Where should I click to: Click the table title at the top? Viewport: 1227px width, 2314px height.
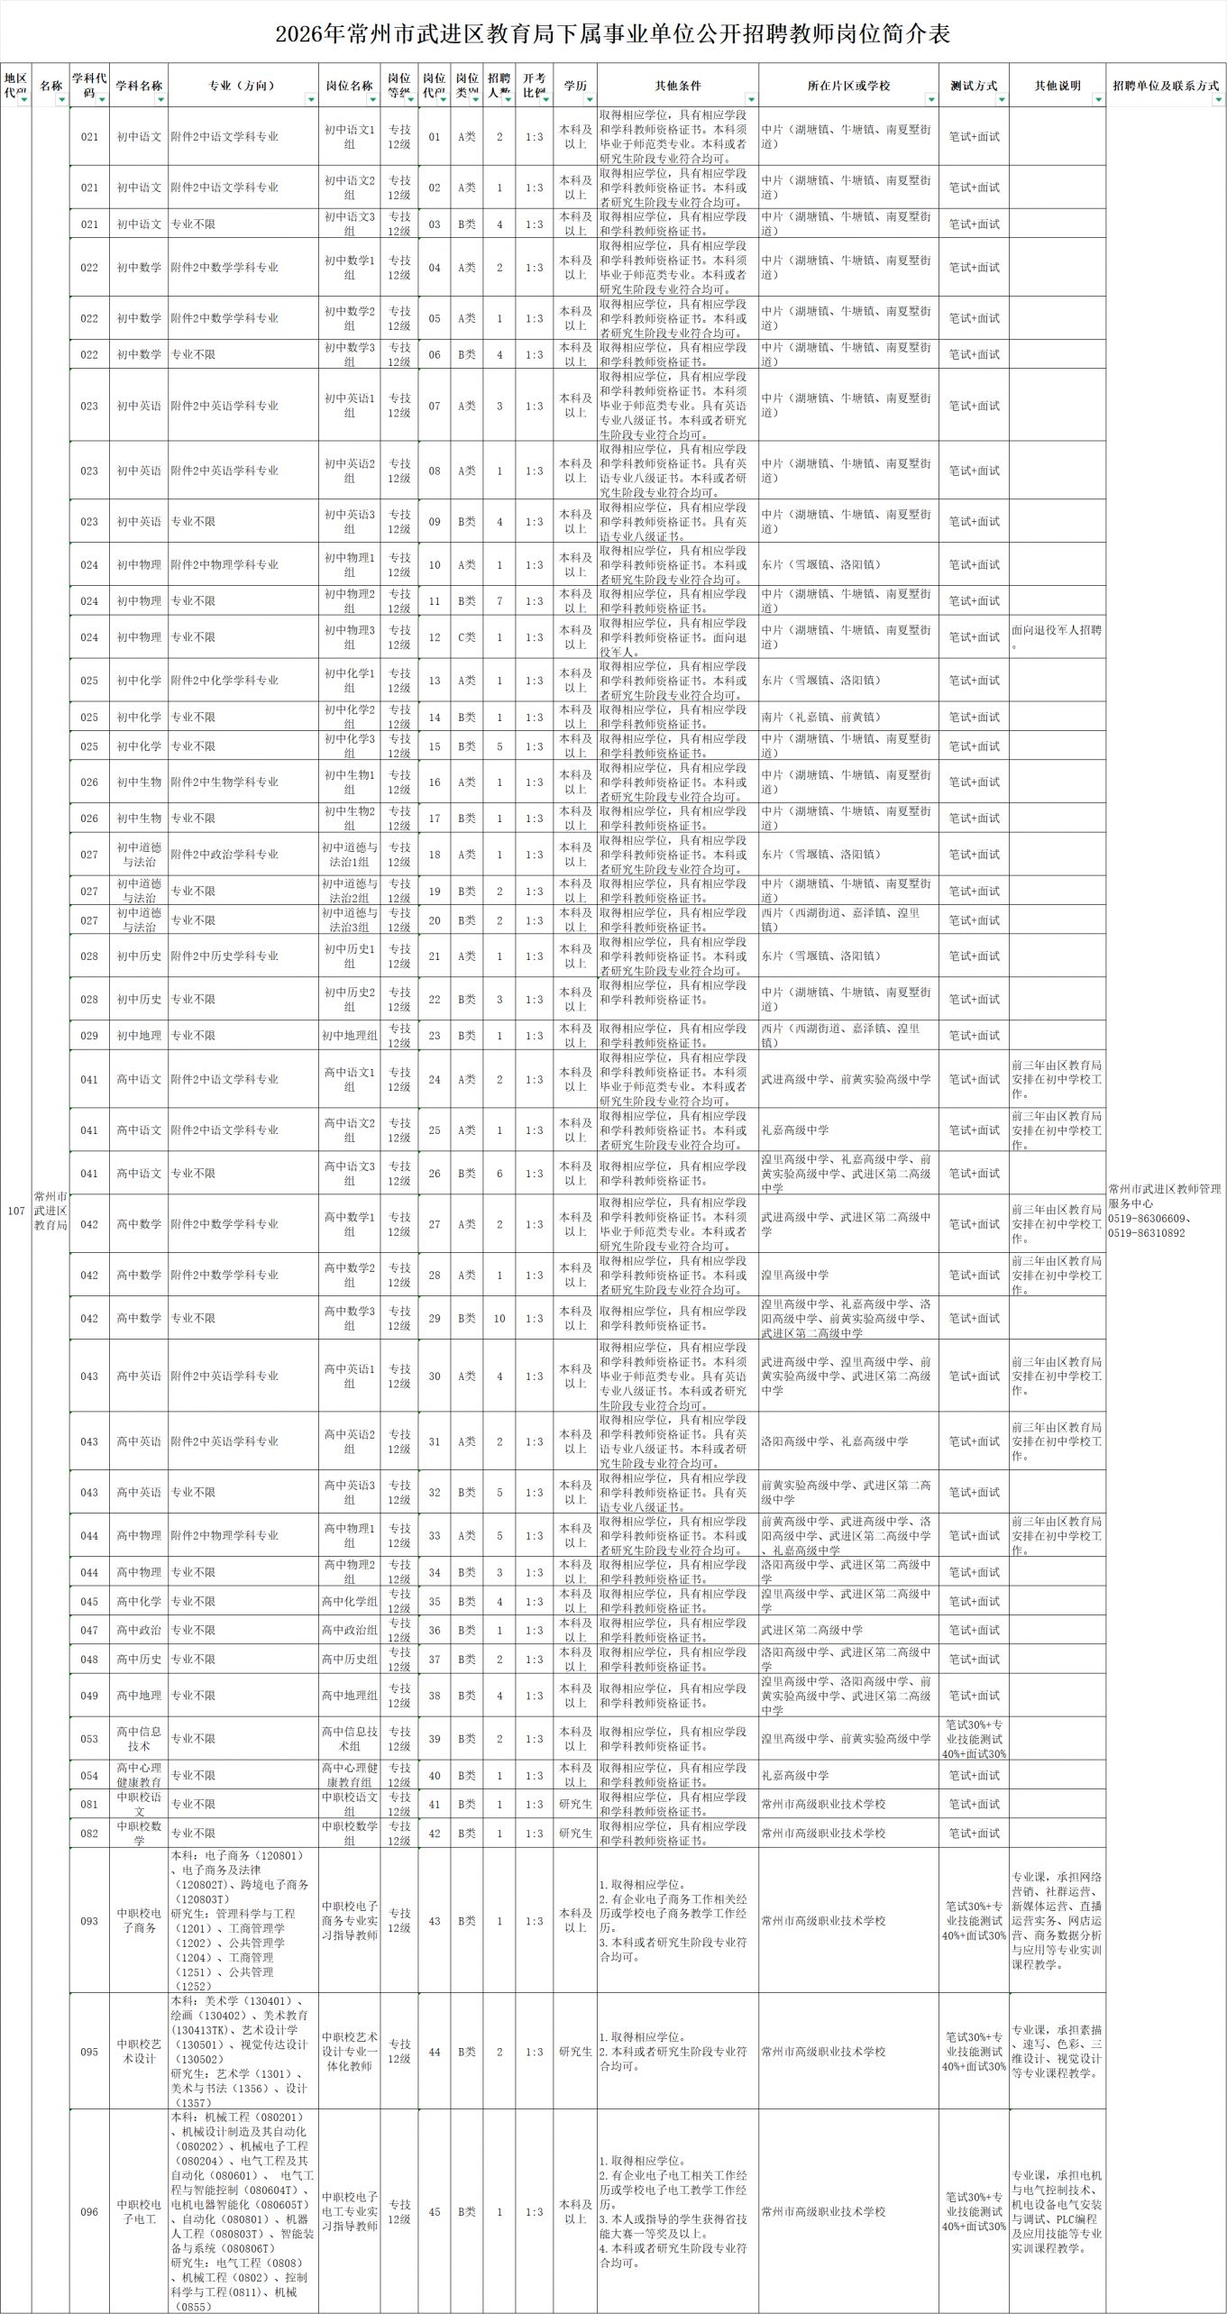[x=613, y=34]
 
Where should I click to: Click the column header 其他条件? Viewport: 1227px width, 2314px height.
[x=677, y=86]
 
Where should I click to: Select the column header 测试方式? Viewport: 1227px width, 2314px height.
[x=973, y=86]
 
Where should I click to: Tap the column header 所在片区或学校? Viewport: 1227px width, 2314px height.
[x=847, y=86]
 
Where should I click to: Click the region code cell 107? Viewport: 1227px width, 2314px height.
[x=16, y=1211]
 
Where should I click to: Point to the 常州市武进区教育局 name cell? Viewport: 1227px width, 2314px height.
[x=50, y=1211]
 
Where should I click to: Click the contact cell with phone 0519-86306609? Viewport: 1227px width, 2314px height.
[x=1165, y=1211]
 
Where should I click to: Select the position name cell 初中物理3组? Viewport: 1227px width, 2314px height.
[x=350, y=637]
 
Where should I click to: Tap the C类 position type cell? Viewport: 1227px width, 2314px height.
[x=466, y=637]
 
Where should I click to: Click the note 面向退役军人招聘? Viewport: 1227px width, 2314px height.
[x=1057, y=636]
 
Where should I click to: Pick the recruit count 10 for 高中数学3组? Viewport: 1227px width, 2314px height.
[x=499, y=1318]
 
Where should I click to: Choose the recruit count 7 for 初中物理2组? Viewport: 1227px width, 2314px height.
[x=499, y=601]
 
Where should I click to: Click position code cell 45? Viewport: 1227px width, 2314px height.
[x=435, y=2211]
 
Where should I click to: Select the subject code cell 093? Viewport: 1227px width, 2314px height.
[x=89, y=1921]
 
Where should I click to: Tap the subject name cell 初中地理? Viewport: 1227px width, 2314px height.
[x=139, y=1036]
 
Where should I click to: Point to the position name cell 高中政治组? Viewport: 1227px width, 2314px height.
[x=350, y=1630]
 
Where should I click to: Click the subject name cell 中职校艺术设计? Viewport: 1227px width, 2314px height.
[x=139, y=2052]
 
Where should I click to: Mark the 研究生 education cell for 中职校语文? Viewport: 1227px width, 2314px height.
[x=575, y=1804]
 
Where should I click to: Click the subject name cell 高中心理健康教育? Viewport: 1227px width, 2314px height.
[x=139, y=1775]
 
